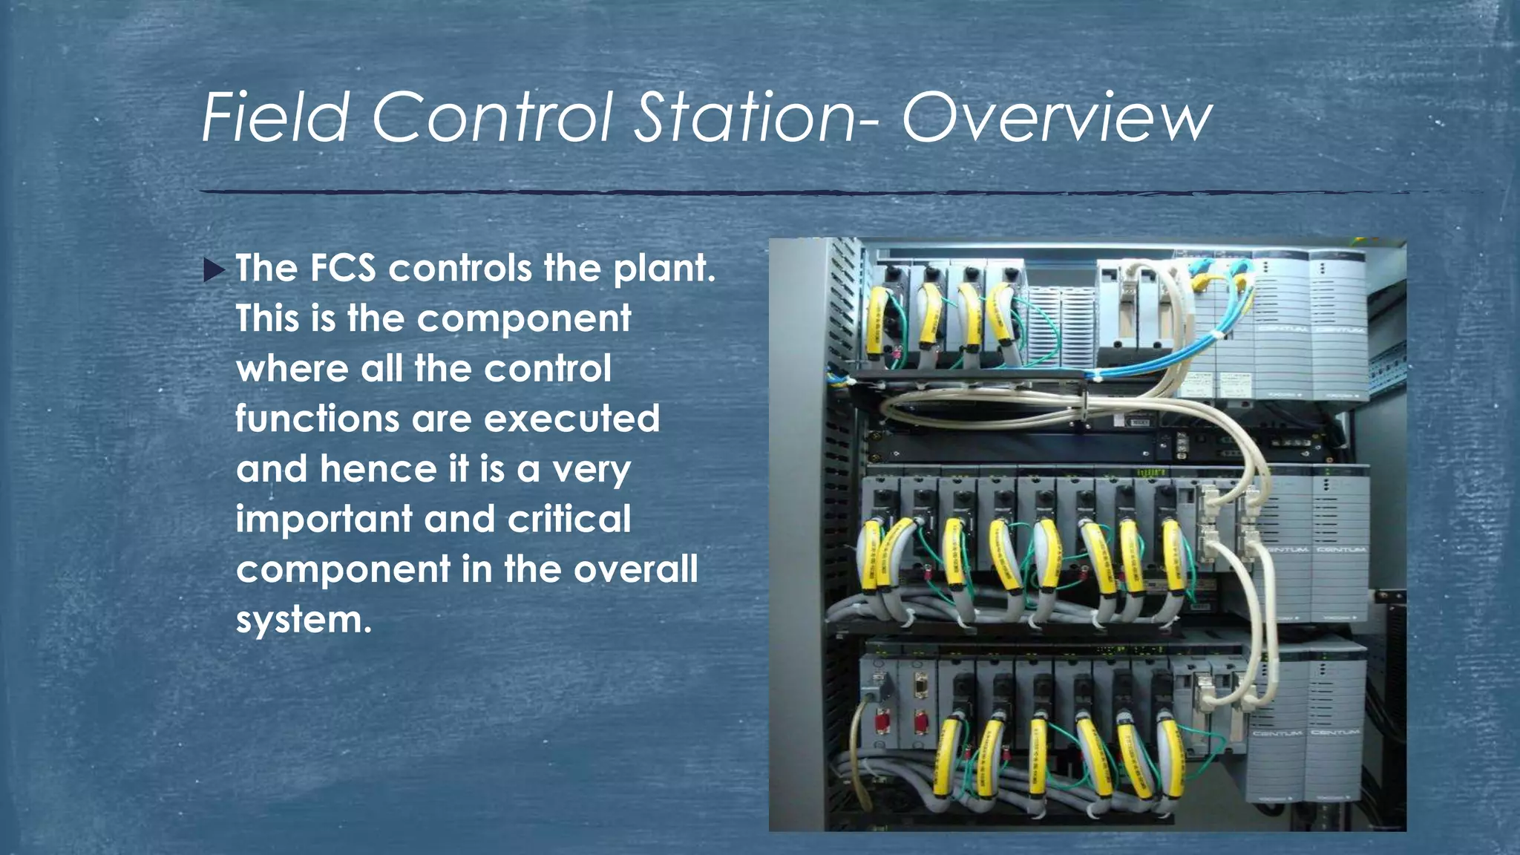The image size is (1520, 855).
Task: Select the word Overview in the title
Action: pos(1057,119)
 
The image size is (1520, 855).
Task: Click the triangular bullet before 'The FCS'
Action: pos(214,270)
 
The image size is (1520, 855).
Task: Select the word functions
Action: pos(318,419)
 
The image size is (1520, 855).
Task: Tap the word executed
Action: pos(571,419)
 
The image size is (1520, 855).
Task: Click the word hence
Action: pos(379,469)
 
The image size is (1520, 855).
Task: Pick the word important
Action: pos(324,520)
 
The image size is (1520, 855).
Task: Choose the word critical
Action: pos(569,519)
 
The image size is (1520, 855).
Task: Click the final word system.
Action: pos(303,620)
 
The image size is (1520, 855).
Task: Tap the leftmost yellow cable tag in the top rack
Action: pos(877,319)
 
